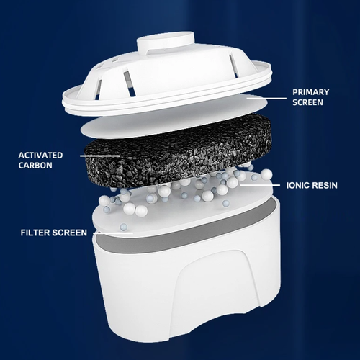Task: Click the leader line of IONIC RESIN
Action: [x=259, y=184]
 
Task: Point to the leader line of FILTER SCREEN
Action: [x=115, y=233]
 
